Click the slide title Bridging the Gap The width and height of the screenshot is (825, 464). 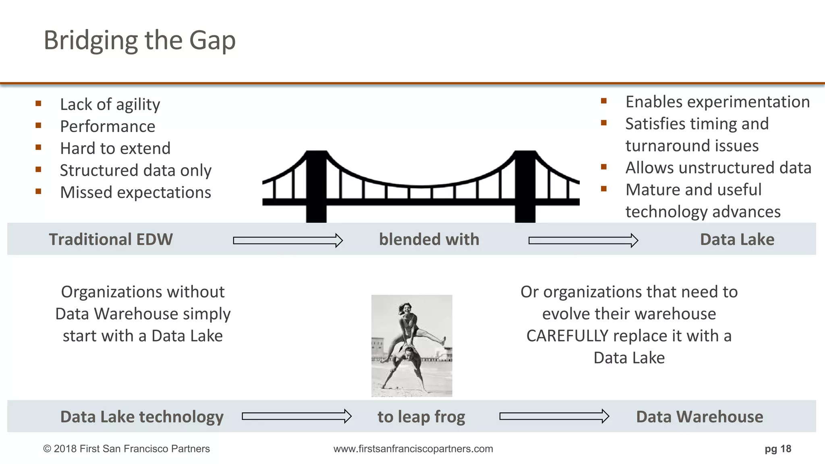click(x=139, y=40)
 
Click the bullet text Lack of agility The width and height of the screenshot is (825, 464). click(x=110, y=104)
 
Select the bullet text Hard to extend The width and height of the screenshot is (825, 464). click(x=115, y=148)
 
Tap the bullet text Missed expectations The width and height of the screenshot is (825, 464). click(x=135, y=192)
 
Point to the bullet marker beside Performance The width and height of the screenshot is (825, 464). click(x=38, y=125)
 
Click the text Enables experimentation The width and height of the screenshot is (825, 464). click(x=717, y=102)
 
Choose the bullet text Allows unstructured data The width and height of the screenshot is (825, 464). click(x=718, y=168)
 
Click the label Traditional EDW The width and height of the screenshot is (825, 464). click(x=111, y=239)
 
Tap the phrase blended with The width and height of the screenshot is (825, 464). click(x=429, y=239)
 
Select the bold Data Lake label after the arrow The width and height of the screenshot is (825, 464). click(x=737, y=239)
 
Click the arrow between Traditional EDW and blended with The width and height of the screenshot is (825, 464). click(x=288, y=240)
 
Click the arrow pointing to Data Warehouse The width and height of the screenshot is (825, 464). click(x=554, y=416)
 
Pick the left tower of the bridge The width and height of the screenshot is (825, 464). click(x=316, y=185)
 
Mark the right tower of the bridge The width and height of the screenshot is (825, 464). click(x=525, y=185)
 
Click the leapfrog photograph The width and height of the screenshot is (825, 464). click(x=412, y=346)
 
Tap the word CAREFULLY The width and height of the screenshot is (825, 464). click(x=567, y=336)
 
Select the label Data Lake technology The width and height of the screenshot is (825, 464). click(x=142, y=416)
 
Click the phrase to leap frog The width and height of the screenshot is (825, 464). click(x=421, y=416)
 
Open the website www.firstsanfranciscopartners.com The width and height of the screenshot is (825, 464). click(x=413, y=449)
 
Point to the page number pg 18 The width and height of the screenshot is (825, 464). click(x=777, y=449)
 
